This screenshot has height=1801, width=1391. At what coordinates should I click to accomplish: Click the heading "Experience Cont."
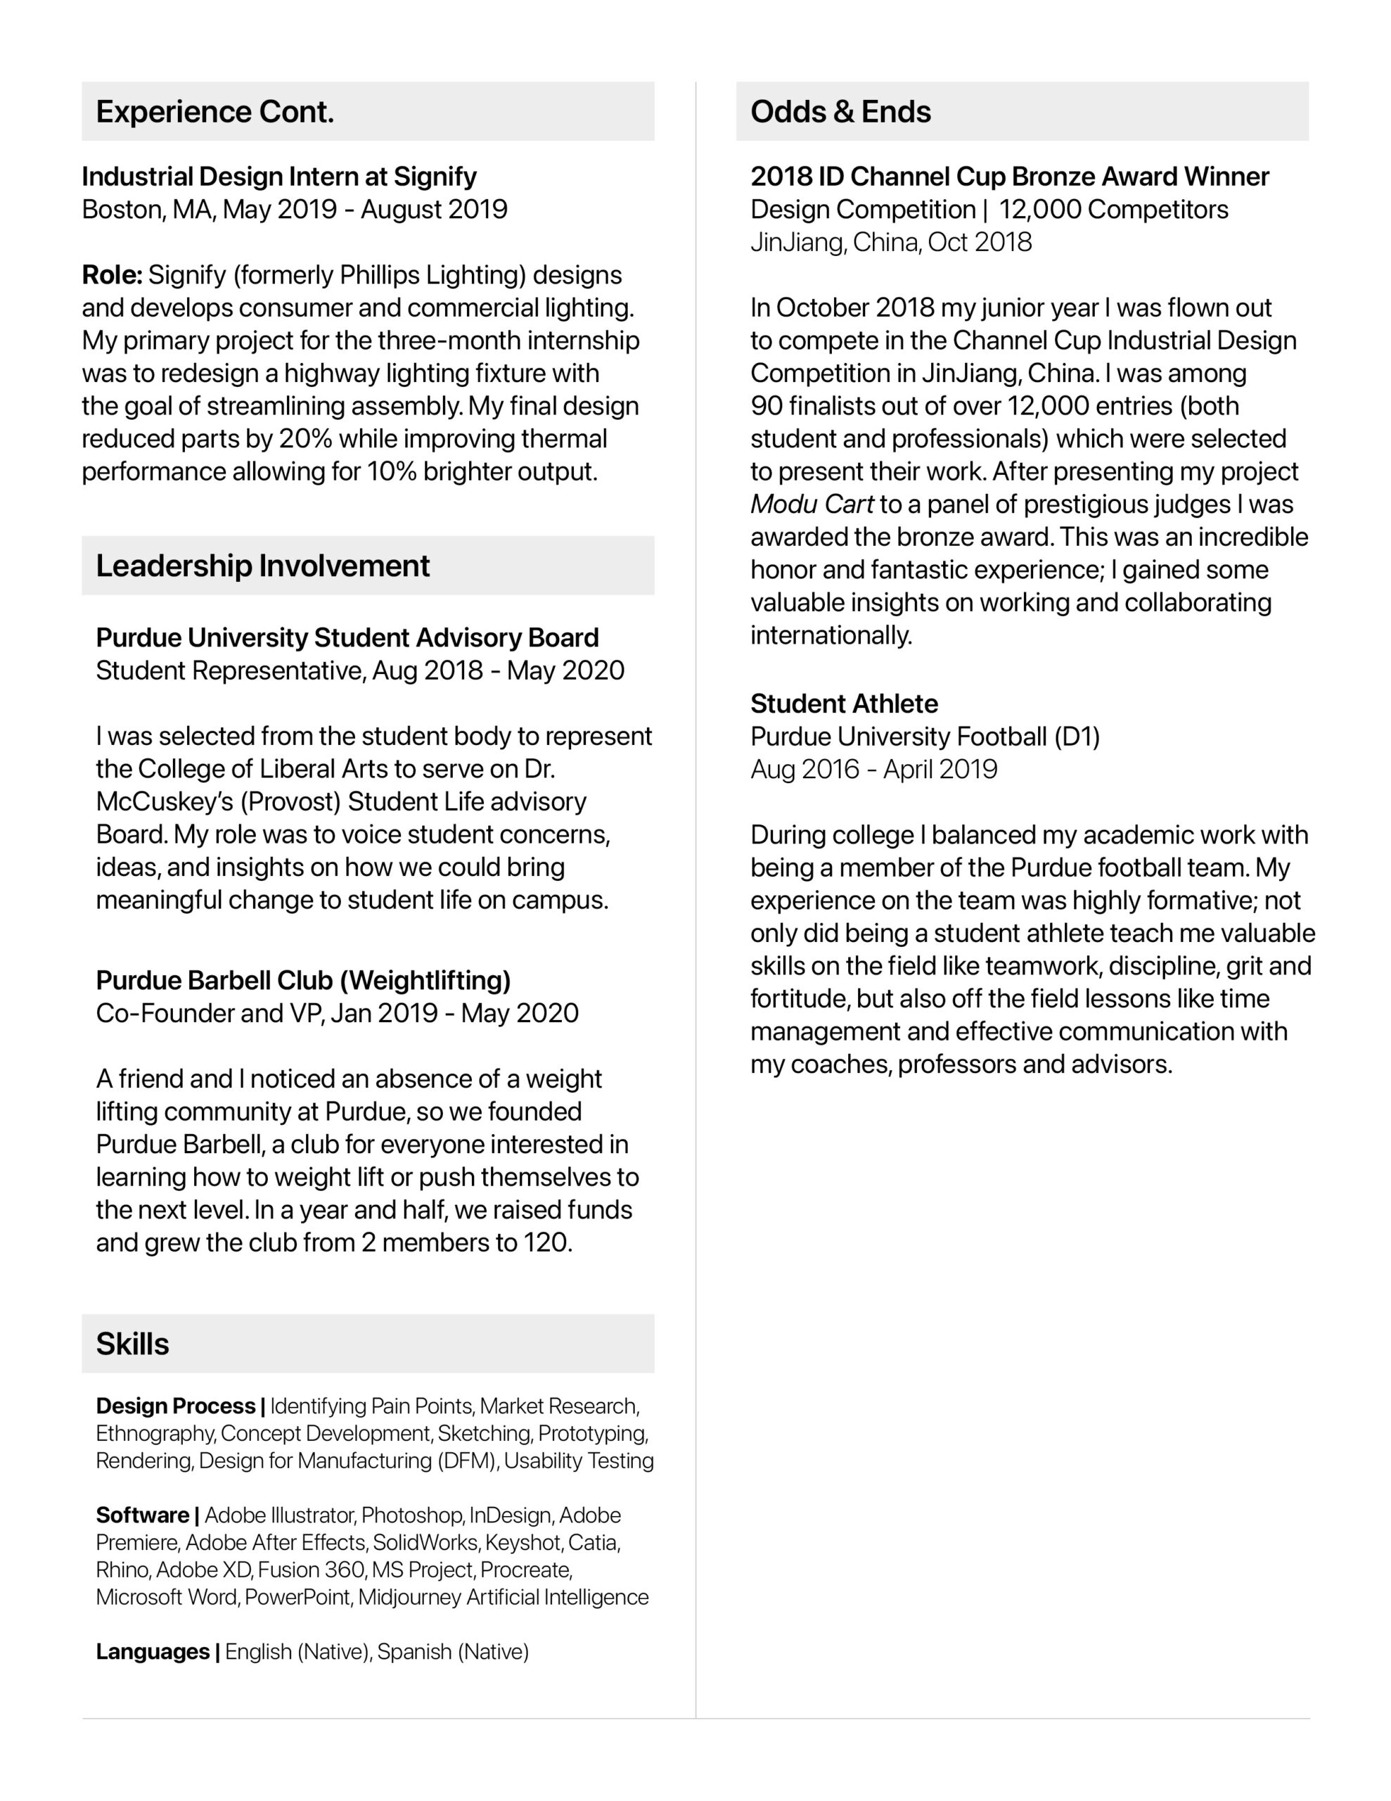point(214,112)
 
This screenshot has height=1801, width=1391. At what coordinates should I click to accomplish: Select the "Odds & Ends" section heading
point(840,112)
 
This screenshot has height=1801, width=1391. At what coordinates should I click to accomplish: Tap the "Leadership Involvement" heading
point(262,566)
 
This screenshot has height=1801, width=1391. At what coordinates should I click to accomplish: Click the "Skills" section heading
point(132,1344)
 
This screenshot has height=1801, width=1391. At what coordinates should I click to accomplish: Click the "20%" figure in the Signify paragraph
point(305,439)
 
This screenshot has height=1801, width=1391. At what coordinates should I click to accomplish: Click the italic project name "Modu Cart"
point(812,504)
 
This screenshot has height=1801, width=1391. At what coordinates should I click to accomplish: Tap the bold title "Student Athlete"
point(843,704)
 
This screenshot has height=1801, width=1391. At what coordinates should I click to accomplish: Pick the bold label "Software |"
point(148,1515)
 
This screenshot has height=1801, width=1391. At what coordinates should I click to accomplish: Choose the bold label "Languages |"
point(158,1652)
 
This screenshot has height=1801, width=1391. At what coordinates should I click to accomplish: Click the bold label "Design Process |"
point(180,1406)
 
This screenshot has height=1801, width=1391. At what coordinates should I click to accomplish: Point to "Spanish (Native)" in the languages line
point(453,1652)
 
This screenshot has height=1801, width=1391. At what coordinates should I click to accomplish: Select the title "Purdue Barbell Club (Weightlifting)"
point(302,981)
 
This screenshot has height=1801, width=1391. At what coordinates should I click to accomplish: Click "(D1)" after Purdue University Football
point(1077,737)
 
